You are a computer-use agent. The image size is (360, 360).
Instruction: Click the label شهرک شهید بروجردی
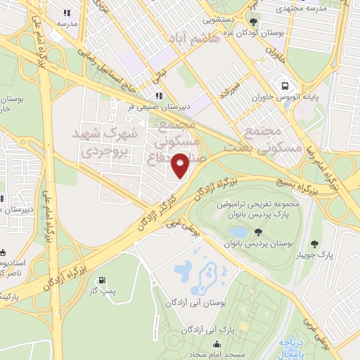[x=103, y=141]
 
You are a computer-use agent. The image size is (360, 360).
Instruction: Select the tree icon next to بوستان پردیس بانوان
[x=259, y=232]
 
